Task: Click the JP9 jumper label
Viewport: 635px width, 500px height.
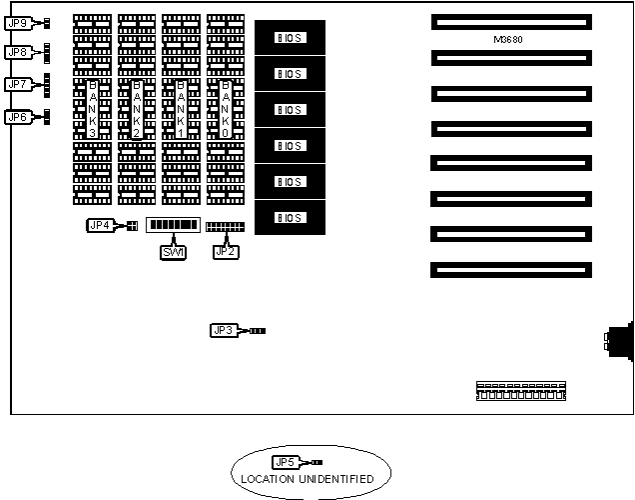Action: (x=18, y=21)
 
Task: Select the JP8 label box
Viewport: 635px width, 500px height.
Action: (x=18, y=52)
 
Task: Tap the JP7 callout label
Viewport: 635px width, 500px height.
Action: (x=18, y=85)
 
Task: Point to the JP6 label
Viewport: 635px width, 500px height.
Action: (x=18, y=118)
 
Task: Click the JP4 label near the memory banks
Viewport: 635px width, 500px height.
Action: (x=100, y=225)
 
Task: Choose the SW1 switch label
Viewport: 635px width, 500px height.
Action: (x=173, y=252)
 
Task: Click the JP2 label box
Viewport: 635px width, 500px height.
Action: (x=227, y=252)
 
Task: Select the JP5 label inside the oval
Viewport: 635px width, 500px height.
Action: (x=286, y=462)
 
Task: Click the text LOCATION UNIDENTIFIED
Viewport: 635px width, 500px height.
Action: (x=308, y=479)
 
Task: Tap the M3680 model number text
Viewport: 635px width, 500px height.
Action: (x=509, y=40)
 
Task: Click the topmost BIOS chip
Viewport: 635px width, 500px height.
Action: (x=290, y=38)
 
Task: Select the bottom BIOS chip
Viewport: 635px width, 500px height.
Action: (x=290, y=217)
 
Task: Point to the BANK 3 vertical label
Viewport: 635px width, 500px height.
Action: (x=93, y=108)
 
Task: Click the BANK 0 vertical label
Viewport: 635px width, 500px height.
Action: (x=226, y=108)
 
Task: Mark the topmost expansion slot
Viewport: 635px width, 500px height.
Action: (x=511, y=20)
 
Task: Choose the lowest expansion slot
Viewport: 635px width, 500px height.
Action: (x=511, y=269)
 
